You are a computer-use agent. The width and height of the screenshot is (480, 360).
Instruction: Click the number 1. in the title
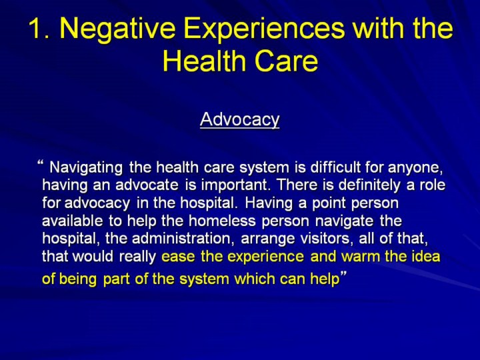tap(41, 29)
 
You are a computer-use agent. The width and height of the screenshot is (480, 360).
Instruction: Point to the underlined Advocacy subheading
tap(240, 119)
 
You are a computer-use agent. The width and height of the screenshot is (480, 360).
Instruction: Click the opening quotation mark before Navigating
tap(40, 161)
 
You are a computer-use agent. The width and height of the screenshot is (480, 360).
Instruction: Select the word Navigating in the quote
tap(86, 168)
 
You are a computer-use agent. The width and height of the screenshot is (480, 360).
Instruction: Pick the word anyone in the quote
tap(415, 168)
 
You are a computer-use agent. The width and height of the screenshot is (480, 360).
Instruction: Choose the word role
tap(432, 185)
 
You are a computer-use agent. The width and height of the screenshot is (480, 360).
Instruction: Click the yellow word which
tap(254, 279)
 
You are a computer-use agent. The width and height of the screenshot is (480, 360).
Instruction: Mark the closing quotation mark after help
tap(343, 273)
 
